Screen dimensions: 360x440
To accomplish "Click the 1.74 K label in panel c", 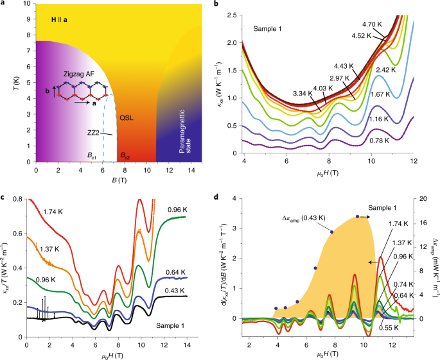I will [56, 210].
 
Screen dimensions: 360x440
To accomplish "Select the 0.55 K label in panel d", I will [385, 327].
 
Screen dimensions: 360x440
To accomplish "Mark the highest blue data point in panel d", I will [357, 216].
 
